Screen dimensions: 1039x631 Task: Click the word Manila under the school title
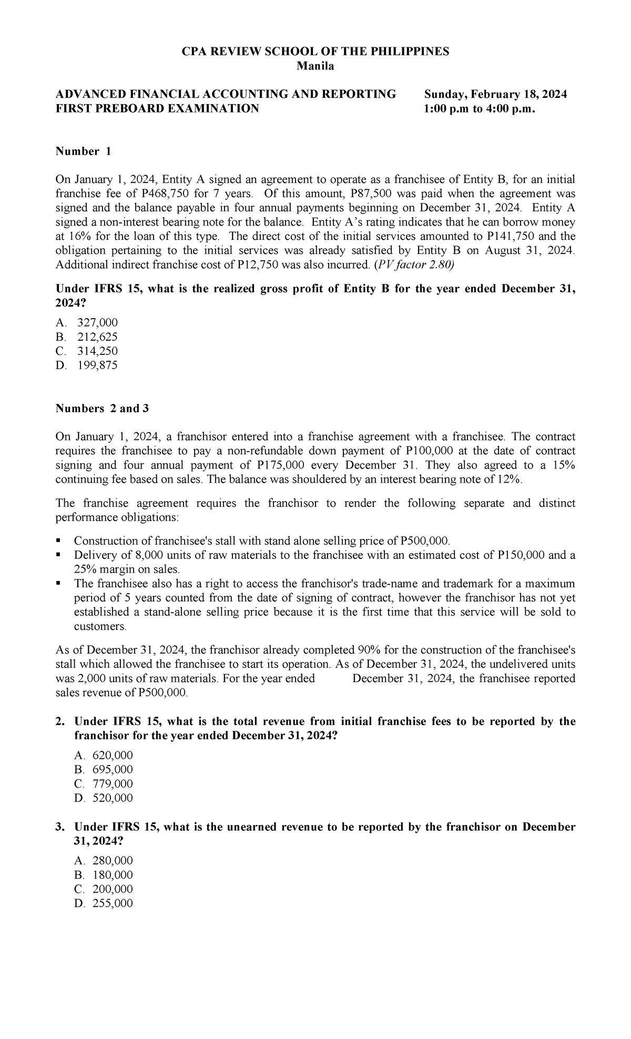tap(315, 66)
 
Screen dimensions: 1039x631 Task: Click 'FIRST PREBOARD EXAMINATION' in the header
tap(158, 108)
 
